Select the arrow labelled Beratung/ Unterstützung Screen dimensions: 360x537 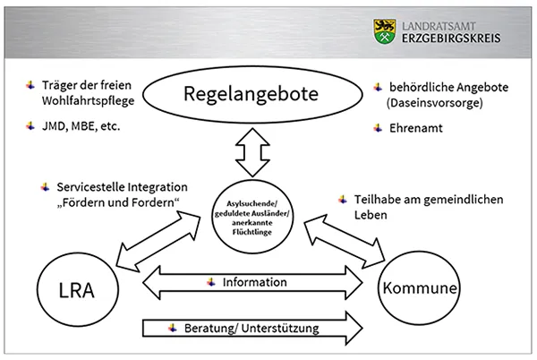tap(254, 328)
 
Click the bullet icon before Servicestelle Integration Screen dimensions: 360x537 tap(44, 186)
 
